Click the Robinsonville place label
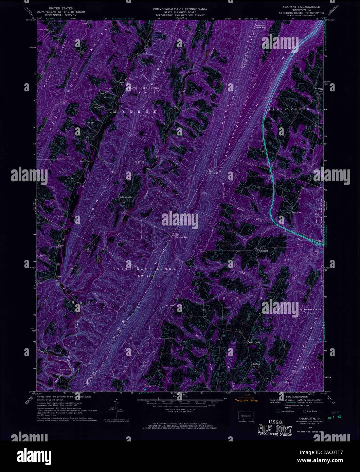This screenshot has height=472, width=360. tap(125, 197)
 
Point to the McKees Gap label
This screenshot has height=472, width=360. tap(181, 237)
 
